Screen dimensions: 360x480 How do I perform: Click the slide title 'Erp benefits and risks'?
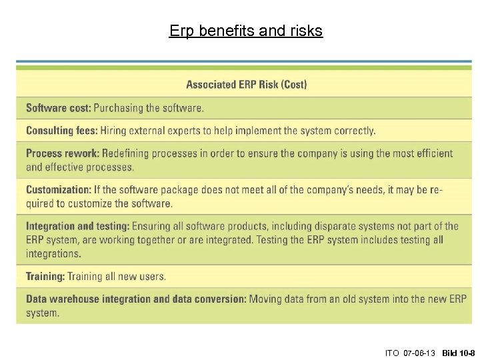tap(246, 31)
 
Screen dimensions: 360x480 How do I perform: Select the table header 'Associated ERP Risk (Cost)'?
tap(247, 85)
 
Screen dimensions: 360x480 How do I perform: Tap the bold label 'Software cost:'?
tap(59, 108)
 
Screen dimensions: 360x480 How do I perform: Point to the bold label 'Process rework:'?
tap(63, 153)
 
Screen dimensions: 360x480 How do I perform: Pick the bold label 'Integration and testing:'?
tap(78, 227)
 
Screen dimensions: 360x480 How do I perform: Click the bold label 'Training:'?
tap(44, 276)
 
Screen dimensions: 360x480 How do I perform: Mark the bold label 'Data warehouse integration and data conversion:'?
tap(136, 299)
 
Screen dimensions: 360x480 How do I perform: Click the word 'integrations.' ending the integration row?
tap(54, 253)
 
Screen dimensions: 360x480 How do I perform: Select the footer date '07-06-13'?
tap(420, 351)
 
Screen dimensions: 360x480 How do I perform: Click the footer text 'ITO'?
tap(391, 351)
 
